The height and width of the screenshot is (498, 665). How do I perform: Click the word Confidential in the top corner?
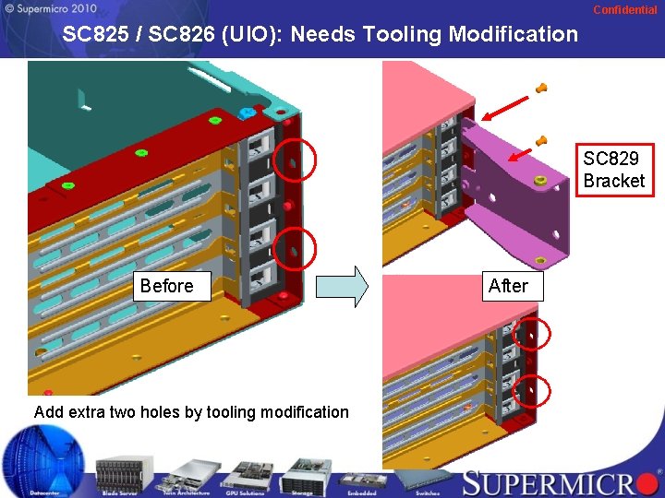[624, 10]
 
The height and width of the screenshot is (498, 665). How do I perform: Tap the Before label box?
[166, 286]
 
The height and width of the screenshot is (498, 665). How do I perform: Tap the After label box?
[508, 286]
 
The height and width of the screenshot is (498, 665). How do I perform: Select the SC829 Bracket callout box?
[614, 171]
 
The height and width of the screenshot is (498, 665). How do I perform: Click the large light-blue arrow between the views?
[342, 286]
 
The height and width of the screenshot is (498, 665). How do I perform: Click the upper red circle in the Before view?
[296, 161]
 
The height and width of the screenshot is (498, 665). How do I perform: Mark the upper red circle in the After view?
[531, 336]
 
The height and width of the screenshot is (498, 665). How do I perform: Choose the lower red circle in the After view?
[531, 391]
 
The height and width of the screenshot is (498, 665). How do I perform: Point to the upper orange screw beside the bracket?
[542, 89]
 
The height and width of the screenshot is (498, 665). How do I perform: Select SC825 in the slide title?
[97, 35]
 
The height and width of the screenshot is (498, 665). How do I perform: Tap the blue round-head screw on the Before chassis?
[247, 113]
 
